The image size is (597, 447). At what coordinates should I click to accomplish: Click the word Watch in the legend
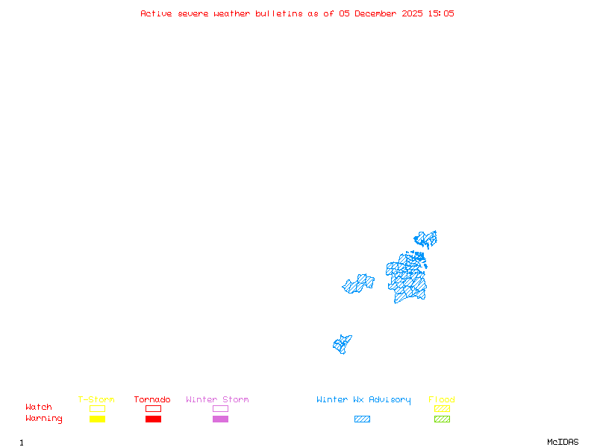pyautogui.click(x=39, y=408)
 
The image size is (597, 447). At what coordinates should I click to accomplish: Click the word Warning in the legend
pyautogui.click(x=44, y=419)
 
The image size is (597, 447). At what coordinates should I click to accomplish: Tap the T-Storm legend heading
pyautogui.click(x=96, y=400)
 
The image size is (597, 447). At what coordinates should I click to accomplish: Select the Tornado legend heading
pyautogui.click(x=152, y=400)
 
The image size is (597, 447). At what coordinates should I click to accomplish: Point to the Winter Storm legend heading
pyautogui.click(x=217, y=400)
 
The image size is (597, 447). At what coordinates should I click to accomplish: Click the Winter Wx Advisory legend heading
pyautogui.click(x=363, y=400)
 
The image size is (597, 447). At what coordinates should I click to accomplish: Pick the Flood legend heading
pyautogui.click(x=442, y=400)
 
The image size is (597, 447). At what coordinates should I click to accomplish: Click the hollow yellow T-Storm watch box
pyautogui.click(x=97, y=408)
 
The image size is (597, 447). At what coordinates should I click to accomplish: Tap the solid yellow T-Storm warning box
pyautogui.click(x=97, y=419)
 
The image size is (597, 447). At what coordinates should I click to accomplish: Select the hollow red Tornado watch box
pyautogui.click(x=153, y=408)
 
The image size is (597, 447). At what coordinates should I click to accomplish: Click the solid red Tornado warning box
pyautogui.click(x=153, y=419)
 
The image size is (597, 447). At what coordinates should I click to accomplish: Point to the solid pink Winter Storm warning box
pyautogui.click(x=220, y=419)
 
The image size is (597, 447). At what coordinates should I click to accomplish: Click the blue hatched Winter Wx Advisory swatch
pyautogui.click(x=362, y=419)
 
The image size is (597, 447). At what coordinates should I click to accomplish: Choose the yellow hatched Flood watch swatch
pyautogui.click(x=442, y=408)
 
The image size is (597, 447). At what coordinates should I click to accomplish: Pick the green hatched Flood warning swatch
pyautogui.click(x=442, y=419)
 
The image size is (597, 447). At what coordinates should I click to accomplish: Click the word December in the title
pyautogui.click(x=378, y=13)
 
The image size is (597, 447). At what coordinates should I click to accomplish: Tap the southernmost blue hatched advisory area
pyautogui.click(x=342, y=344)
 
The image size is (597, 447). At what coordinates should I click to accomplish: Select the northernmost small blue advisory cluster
pyautogui.click(x=426, y=239)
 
